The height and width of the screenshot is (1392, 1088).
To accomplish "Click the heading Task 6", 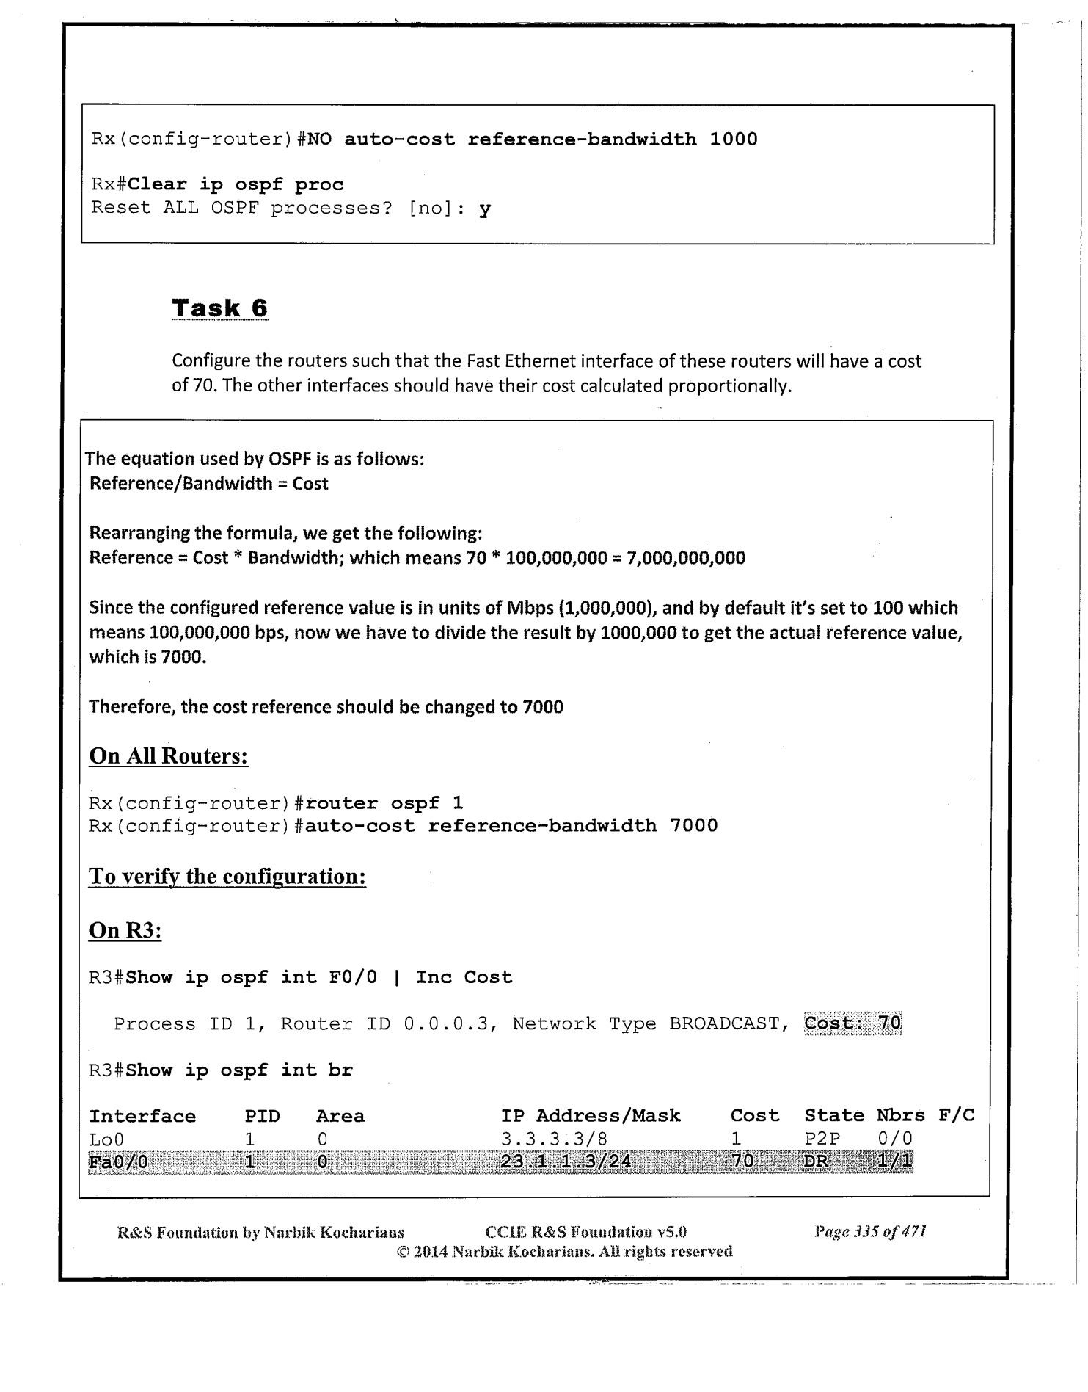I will (x=219, y=308).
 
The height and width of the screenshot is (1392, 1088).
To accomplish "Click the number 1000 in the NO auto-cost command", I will (x=733, y=139).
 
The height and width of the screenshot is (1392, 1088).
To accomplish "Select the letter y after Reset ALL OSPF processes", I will (x=484, y=209).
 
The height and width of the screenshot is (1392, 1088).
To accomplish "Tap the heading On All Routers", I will (x=168, y=756).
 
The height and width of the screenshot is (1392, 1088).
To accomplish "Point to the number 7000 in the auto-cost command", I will (x=693, y=826).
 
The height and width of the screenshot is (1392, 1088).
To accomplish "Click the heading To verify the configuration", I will (x=227, y=877).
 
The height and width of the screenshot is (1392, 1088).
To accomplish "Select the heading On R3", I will (x=125, y=930).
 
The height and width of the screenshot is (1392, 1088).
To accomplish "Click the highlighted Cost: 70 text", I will (x=852, y=1023).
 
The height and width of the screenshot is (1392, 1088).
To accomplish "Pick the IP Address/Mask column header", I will (x=591, y=1116).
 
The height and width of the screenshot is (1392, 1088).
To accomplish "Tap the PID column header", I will (x=262, y=1117).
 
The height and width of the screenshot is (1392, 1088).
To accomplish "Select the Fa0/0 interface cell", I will (x=118, y=1162).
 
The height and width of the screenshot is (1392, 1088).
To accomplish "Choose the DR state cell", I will (x=816, y=1162).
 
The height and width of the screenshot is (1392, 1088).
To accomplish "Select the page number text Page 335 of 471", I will (x=870, y=1231).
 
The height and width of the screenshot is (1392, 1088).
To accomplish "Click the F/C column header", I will (x=956, y=1116).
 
